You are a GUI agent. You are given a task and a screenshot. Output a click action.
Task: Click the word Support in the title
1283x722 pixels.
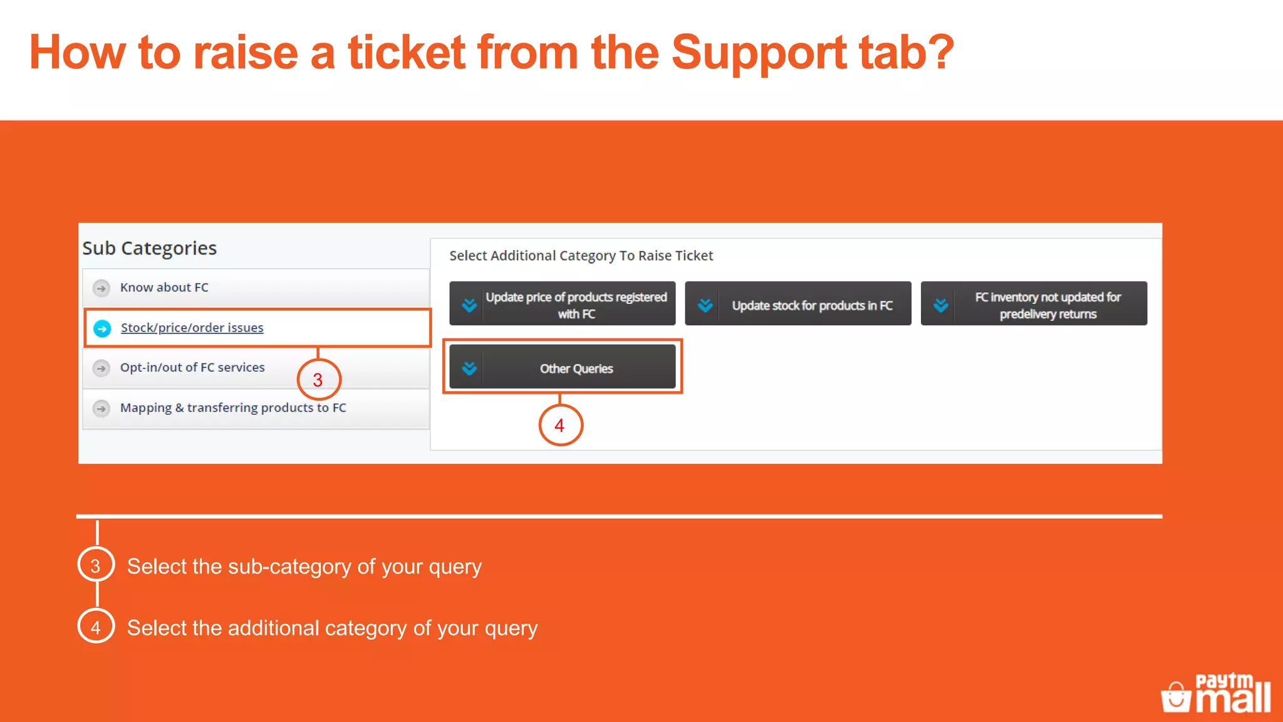(x=759, y=53)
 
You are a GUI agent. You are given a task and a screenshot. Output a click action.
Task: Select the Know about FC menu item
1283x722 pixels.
(x=164, y=288)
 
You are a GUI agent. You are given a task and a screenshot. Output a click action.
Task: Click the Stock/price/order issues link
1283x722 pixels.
(x=192, y=328)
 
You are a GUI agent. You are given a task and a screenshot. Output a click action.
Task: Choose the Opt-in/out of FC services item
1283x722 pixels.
(x=192, y=368)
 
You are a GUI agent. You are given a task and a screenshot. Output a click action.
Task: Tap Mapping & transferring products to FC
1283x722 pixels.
(x=233, y=408)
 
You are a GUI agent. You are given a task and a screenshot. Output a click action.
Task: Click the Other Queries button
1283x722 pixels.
(x=576, y=369)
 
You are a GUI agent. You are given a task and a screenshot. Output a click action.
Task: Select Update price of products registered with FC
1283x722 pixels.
(x=576, y=305)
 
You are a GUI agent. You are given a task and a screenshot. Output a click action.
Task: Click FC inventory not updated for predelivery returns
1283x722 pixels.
(x=1047, y=305)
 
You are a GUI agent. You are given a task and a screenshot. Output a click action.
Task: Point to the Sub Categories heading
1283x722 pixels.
(x=150, y=248)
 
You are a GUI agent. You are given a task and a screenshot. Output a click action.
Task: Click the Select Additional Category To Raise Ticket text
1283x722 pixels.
(x=581, y=256)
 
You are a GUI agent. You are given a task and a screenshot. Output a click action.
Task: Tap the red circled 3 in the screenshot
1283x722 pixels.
(x=318, y=380)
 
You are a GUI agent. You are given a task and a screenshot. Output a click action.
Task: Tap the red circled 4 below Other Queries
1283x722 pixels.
(x=560, y=426)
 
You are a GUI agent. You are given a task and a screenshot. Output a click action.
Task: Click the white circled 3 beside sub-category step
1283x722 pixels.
(x=96, y=565)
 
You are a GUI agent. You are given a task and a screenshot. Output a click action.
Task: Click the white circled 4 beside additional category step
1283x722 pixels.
(x=96, y=627)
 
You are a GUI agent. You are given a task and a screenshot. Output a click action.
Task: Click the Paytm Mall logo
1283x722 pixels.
(x=1216, y=694)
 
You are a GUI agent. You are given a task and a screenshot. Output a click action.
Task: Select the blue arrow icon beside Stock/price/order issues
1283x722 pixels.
(x=102, y=328)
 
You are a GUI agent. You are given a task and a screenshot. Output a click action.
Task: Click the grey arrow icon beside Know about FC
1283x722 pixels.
(x=101, y=288)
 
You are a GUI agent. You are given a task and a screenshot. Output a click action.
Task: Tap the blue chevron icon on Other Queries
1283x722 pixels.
(x=469, y=369)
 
